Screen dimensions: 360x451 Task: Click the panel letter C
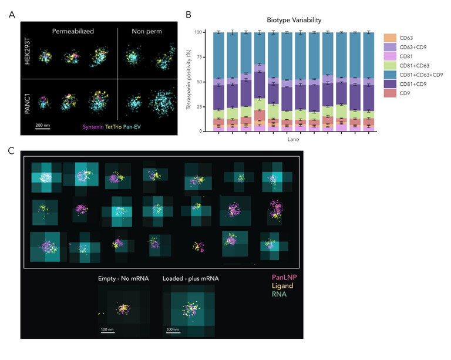tap(11, 150)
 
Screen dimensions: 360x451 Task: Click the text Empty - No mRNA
tap(123, 278)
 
